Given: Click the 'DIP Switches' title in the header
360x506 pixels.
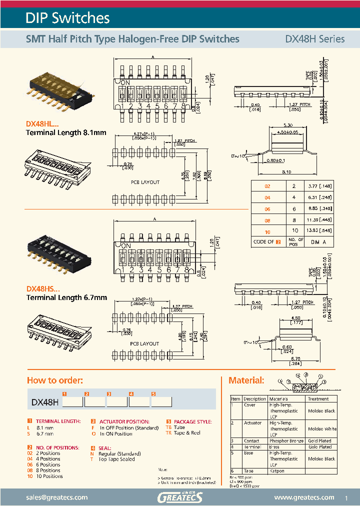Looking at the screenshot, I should (x=67, y=18).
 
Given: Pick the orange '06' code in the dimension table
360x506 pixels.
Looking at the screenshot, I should (x=267, y=208).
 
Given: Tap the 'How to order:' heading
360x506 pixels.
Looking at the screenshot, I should (x=55, y=380).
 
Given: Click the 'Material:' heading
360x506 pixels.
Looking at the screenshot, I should (x=246, y=380).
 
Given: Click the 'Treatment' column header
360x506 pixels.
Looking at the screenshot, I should (x=318, y=399).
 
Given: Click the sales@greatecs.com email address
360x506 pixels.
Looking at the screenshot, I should (x=56, y=497).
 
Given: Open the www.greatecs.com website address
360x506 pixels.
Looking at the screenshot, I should (x=304, y=497).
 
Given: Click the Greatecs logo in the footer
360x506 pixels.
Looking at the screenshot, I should (x=179, y=497).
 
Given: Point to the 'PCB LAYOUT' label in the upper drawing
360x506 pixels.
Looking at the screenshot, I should (x=145, y=182).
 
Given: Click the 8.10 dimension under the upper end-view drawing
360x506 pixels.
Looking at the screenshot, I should (x=286, y=171).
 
